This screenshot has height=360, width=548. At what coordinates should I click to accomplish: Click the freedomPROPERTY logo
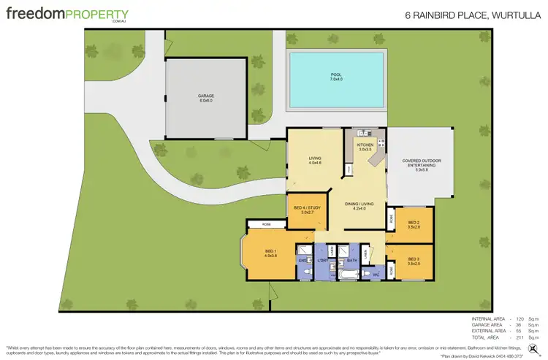[x=68, y=15]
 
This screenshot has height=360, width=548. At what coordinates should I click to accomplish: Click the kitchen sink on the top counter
[x=363, y=134]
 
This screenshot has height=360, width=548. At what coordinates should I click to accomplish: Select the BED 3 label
[x=414, y=261]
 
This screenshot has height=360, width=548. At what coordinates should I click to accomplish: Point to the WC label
[x=375, y=275]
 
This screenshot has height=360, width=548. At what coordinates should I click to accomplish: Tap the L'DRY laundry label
[x=323, y=259]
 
